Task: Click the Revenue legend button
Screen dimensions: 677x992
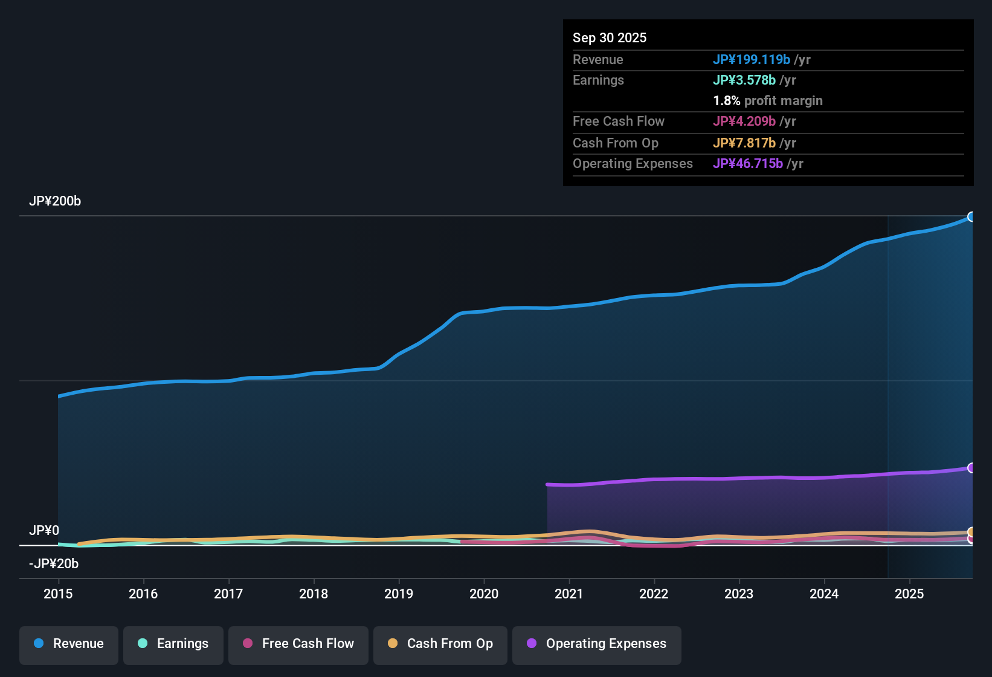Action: point(69,644)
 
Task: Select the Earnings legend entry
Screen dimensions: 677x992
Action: point(173,644)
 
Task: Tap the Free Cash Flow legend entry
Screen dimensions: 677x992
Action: point(298,644)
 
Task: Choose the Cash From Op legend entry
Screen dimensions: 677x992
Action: point(440,644)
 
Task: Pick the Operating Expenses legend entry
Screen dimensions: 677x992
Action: point(597,644)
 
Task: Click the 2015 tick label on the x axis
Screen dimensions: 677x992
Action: point(58,594)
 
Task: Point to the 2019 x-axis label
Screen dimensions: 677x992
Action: point(399,594)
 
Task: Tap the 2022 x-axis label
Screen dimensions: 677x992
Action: point(654,594)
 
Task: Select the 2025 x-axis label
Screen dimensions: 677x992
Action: point(909,594)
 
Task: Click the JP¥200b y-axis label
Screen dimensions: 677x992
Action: point(55,201)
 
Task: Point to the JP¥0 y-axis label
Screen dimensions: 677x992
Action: point(44,531)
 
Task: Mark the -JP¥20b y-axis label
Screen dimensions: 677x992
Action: point(54,564)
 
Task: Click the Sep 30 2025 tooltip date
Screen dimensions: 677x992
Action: point(610,38)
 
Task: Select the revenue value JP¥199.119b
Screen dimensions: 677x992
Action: point(752,60)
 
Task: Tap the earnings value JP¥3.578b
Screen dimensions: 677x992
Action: point(744,80)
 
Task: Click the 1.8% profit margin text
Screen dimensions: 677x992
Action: point(768,101)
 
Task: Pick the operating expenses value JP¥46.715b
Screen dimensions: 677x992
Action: point(748,164)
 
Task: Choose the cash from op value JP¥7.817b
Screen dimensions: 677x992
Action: point(744,143)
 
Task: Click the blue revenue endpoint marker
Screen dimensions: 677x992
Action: point(971,217)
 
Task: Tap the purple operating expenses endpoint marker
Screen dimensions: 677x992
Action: point(971,468)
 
